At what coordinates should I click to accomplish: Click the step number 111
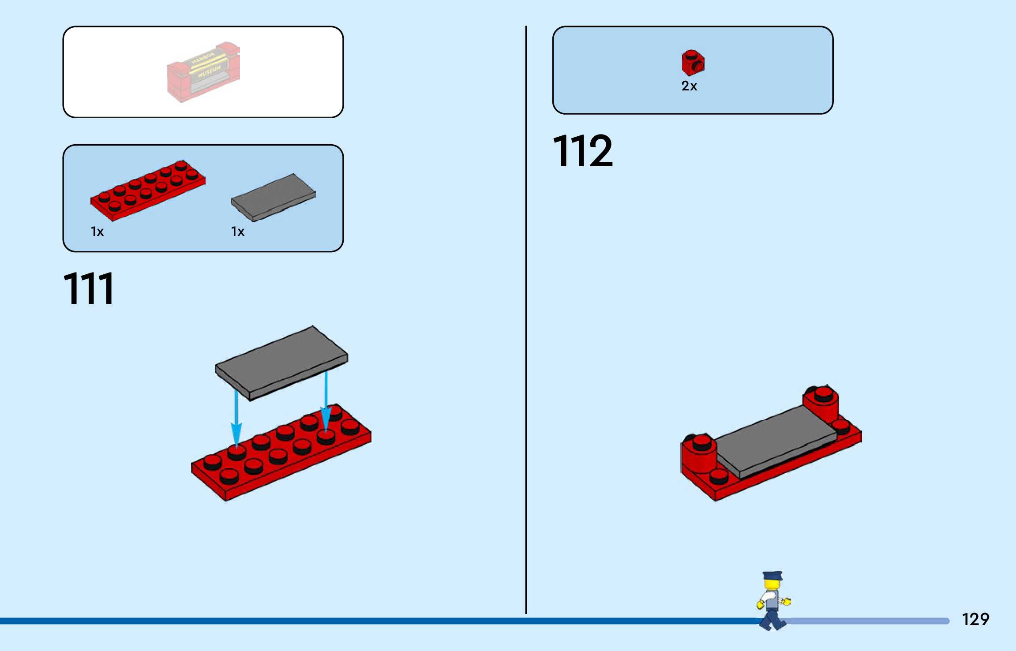89,288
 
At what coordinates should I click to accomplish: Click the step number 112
583,151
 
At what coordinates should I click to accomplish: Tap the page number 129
975,619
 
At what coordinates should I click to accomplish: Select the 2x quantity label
689,86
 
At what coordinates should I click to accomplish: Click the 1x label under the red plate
97,232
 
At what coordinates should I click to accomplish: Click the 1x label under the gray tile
237,232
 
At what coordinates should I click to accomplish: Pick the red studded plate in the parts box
148,190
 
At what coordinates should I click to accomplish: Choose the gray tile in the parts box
274,197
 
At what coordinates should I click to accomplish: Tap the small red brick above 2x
693,63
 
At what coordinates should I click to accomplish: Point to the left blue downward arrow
236,419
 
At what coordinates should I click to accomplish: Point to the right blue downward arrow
326,401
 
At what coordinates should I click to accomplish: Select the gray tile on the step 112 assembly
776,441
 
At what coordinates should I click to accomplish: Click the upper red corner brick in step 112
821,404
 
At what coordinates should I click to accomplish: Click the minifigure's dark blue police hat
772,576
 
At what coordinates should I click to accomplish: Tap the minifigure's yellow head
772,585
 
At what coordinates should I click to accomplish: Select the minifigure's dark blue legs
772,617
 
